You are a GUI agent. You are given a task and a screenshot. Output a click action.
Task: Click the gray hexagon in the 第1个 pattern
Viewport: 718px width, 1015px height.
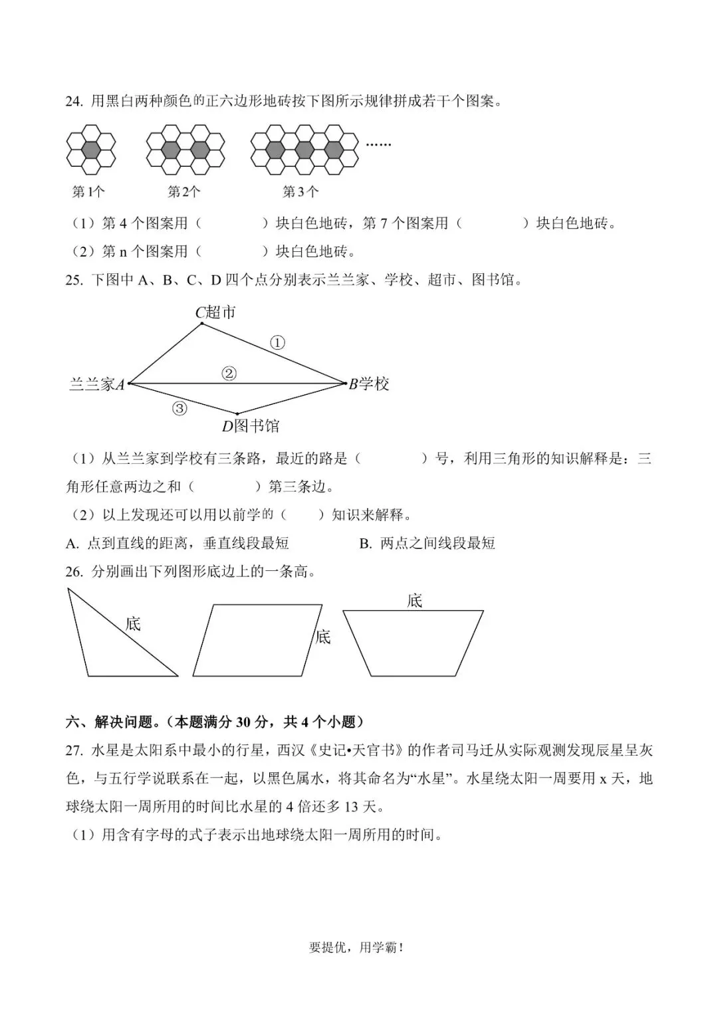click(x=91, y=149)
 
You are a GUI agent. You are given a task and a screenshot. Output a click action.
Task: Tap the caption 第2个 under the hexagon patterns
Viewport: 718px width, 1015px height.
click(x=183, y=192)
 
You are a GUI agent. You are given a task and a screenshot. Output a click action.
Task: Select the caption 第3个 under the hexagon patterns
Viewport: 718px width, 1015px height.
click(x=300, y=192)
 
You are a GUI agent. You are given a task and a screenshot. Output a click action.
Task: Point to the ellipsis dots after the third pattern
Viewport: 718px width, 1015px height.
click(x=378, y=144)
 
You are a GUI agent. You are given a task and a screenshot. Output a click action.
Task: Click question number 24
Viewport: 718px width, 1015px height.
click(x=73, y=102)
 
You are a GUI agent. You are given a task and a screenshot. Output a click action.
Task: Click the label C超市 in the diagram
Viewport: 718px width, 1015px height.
click(x=215, y=312)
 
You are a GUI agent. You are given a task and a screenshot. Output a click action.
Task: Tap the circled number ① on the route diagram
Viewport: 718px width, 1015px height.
click(x=277, y=343)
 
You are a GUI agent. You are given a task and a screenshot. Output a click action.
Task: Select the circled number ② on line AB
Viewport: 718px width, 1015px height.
click(x=229, y=374)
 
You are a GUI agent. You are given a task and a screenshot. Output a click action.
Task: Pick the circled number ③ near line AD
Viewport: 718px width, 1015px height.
click(x=179, y=409)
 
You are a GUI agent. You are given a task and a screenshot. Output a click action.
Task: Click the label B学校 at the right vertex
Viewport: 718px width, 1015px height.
click(x=369, y=384)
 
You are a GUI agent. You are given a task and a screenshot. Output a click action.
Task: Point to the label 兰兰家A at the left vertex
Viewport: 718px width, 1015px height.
click(x=97, y=384)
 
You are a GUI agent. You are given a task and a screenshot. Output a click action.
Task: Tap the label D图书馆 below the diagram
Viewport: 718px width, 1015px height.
click(x=251, y=426)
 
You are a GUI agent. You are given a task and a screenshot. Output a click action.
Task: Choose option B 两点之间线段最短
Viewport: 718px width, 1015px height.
click(x=427, y=543)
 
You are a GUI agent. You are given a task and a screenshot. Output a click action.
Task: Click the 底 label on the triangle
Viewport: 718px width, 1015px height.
click(x=134, y=623)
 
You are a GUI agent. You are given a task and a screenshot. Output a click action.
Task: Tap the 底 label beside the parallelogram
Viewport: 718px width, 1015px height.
click(x=323, y=637)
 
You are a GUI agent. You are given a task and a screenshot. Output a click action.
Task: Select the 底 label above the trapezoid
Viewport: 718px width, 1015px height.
click(x=415, y=601)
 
